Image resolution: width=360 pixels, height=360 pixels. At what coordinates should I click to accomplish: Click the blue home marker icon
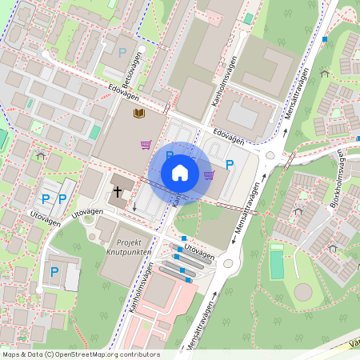pos(180,173)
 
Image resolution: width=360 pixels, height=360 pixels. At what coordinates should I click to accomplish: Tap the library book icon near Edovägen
pos(139,114)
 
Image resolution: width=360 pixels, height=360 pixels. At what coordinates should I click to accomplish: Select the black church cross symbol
pos(118,192)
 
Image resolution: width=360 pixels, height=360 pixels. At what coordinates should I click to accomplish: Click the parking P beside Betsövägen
pos(122,52)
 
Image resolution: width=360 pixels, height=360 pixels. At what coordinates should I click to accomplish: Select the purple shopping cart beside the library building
pos(146,145)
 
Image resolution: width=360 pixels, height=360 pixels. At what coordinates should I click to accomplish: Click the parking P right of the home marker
pos(229,165)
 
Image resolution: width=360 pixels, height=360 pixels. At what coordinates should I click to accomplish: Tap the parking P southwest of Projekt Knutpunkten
pos(54,272)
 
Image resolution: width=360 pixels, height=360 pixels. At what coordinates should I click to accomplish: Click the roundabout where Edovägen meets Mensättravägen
pos(270,157)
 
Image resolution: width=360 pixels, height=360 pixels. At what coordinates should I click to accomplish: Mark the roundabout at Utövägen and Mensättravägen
pos(229,262)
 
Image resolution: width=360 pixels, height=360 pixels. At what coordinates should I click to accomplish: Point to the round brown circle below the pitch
pos(302,291)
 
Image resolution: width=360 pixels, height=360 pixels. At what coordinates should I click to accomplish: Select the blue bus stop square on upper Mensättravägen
pos(325,38)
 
